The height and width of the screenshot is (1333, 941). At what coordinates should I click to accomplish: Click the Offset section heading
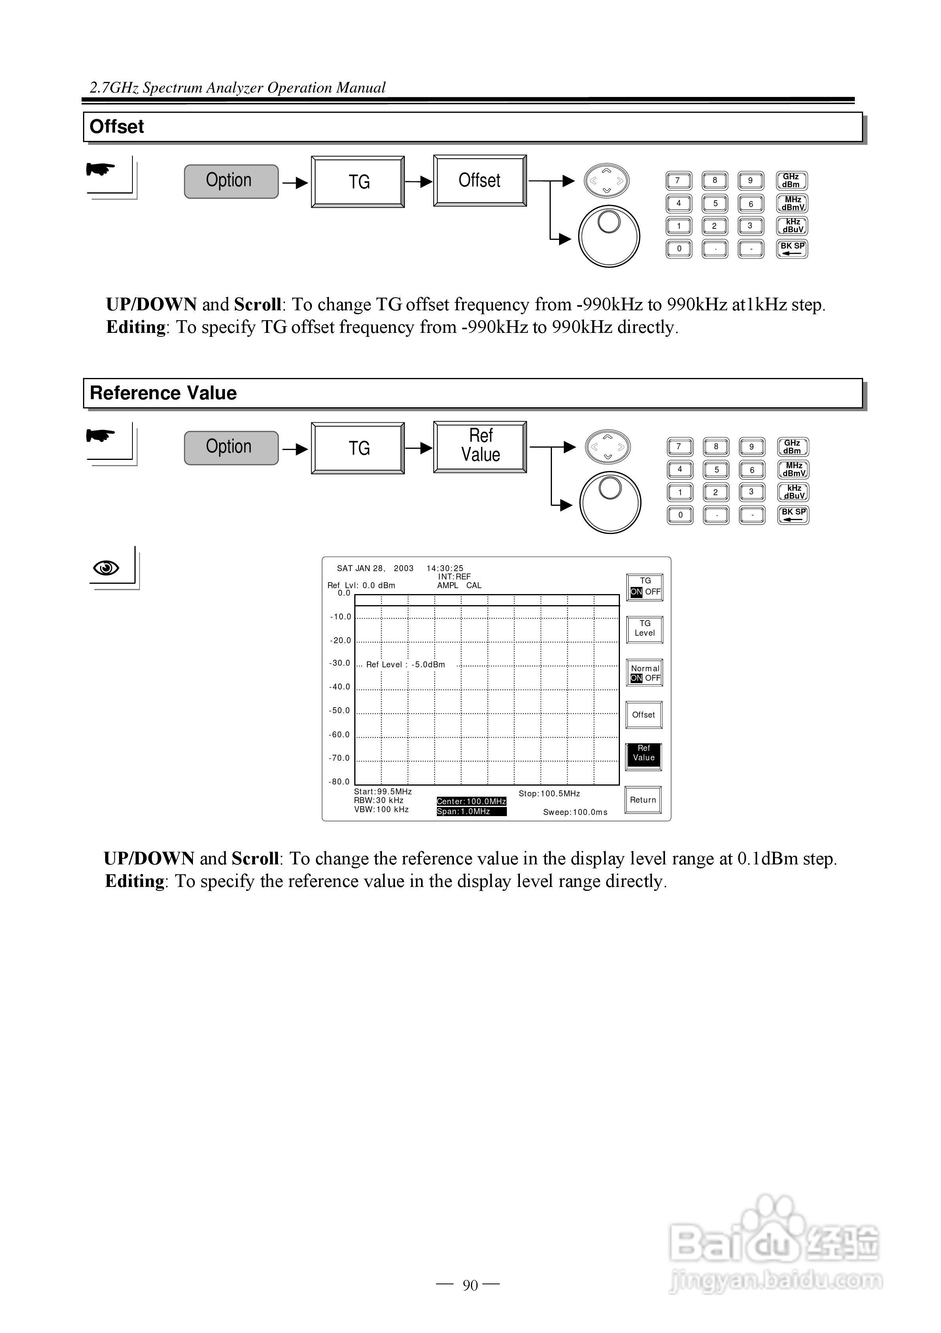point(117,127)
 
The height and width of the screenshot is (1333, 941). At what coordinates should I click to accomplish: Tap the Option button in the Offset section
point(231,181)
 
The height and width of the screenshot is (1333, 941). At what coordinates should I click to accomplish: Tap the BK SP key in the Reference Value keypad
point(793,515)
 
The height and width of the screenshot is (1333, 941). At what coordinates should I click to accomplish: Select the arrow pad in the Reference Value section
point(607,447)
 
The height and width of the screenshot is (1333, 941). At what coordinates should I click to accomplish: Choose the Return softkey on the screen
point(643,799)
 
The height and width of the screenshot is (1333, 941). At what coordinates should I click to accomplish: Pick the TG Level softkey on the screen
point(644,629)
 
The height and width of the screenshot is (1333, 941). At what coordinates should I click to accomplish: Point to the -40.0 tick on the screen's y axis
point(340,687)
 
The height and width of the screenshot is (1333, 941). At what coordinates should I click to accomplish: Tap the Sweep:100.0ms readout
point(575,812)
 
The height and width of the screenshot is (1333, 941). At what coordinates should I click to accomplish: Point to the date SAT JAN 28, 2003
point(375,568)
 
